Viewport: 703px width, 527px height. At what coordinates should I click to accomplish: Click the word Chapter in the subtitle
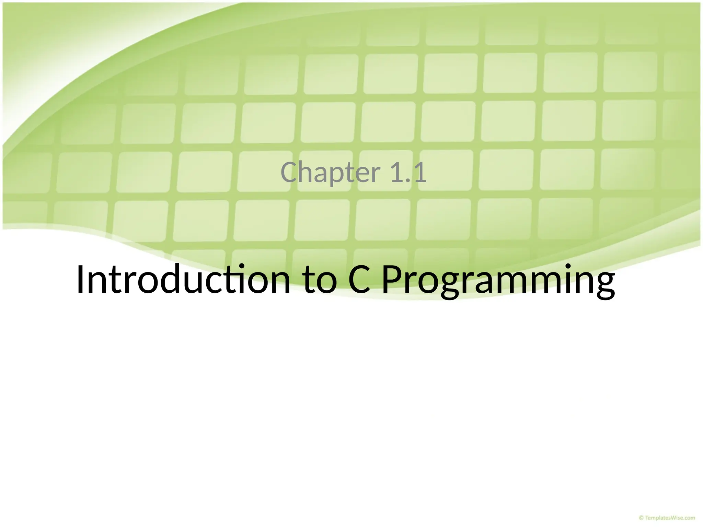coord(331,173)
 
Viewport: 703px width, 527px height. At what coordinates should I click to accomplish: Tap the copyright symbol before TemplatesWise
coord(641,518)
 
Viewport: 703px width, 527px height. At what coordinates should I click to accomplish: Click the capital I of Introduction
coord(80,280)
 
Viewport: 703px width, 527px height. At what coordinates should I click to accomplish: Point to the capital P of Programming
coord(392,280)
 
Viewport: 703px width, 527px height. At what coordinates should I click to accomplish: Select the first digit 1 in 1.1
coord(397,173)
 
